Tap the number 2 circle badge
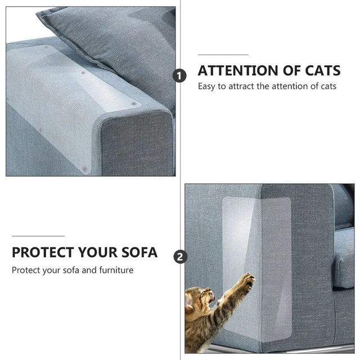click(180, 257)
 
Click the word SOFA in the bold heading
click(139, 252)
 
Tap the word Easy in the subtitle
click(206, 87)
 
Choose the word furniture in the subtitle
click(115, 270)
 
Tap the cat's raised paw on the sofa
click(246, 280)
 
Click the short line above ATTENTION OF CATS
click(223, 55)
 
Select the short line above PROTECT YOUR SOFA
click(38, 236)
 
